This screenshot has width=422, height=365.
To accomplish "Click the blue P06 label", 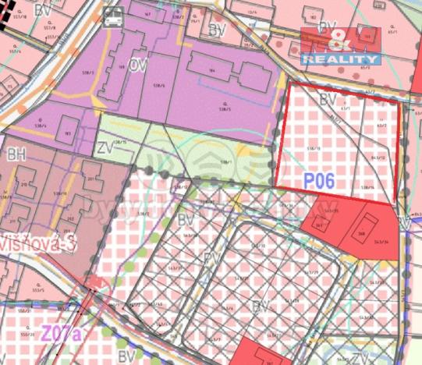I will pyautogui.click(x=319, y=181).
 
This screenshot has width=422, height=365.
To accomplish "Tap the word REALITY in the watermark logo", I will pyautogui.click(x=341, y=59).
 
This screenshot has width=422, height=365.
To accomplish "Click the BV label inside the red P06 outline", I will pyautogui.click(x=329, y=99).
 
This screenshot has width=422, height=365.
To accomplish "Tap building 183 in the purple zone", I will pyautogui.click(x=68, y=133).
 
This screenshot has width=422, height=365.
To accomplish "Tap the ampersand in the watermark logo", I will pyautogui.click(x=341, y=41).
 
